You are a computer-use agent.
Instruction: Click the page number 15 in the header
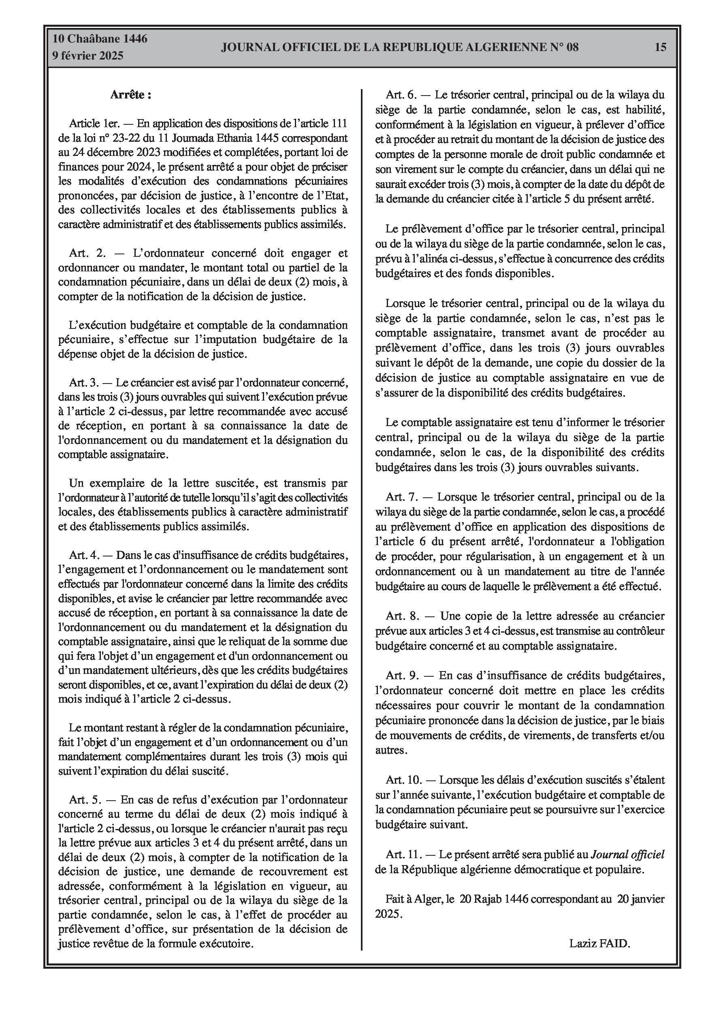(x=661, y=47)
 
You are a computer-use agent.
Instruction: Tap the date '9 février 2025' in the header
(x=88, y=56)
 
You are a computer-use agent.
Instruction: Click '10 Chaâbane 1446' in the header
(x=100, y=39)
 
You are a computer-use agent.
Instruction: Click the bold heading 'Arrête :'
(x=130, y=94)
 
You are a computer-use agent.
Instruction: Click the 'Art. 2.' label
(x=87, y=253)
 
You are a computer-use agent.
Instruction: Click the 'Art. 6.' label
(x=401, y=94)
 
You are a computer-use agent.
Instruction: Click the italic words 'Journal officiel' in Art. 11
(x=627, y=854)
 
